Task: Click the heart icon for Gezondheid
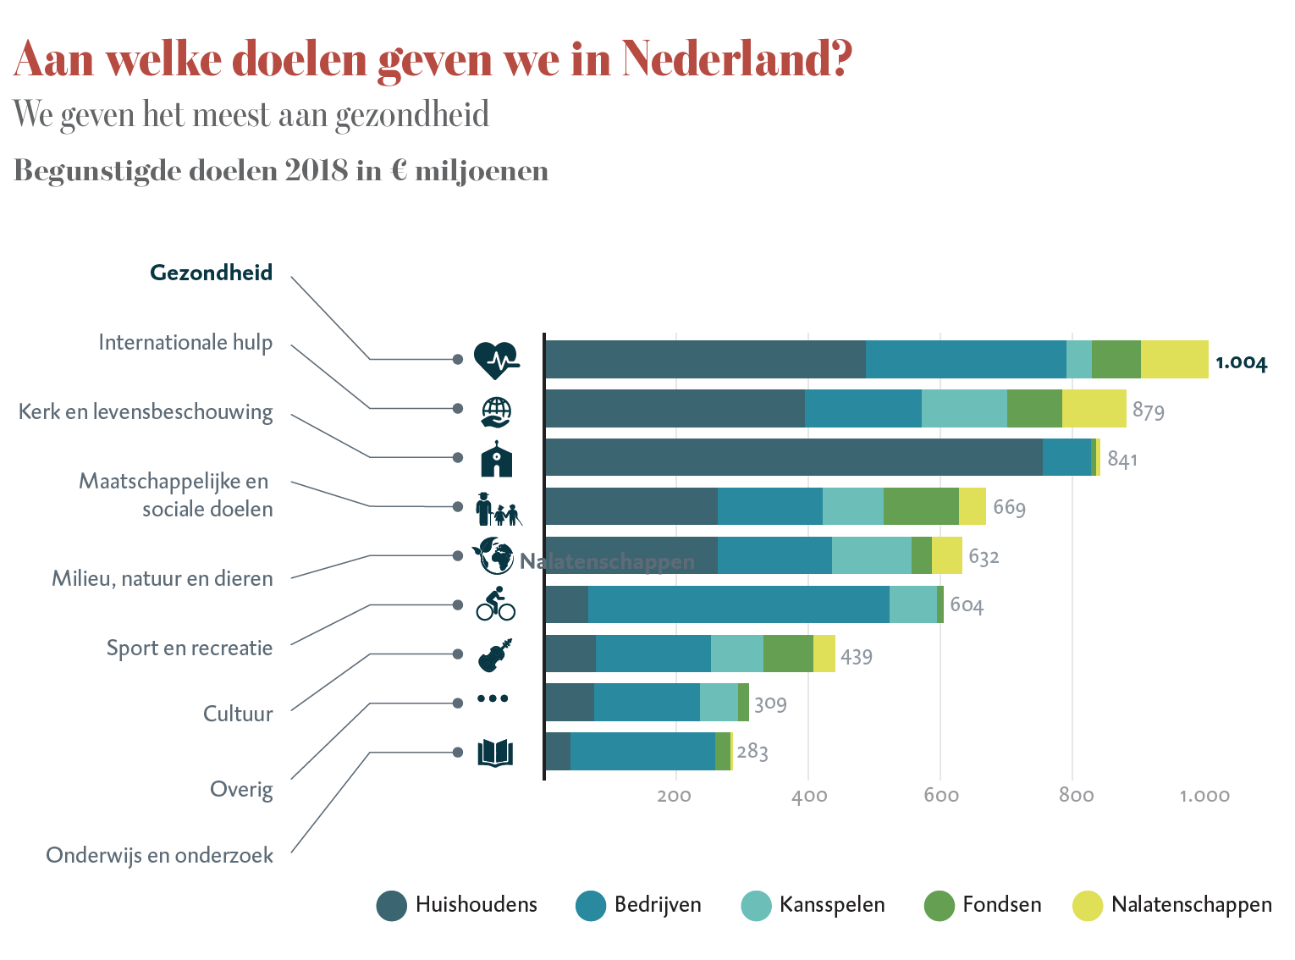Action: click(x=495, y=360)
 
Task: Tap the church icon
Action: click(x=497, y=459)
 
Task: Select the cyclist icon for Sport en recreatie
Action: click(x=495, y=604)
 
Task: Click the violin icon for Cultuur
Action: click(x=496, y=654)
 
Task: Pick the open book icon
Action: click(x=495, y=753)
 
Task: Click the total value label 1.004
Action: click(x=1241, y=363)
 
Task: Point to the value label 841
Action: click(x=1122, y=460)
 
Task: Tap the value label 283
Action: click(x=752, y=752)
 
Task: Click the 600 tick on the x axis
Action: click(x=940, y=796)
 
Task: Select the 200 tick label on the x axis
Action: click(x=674, y=796)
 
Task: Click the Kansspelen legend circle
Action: click(x=756, y=906)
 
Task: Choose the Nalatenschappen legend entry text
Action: click(x=1191, y=905)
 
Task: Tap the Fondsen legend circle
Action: click(x=939, y=906)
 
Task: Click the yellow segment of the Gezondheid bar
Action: click(x=1174, y=359)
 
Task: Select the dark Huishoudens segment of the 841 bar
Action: click(x=793, y=457)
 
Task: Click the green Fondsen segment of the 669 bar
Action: click(x=921, y=506)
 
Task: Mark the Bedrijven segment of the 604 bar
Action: click(x=738, y=604)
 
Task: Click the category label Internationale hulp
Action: click(x=185, y=343)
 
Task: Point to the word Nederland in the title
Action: click(x=736, y=59)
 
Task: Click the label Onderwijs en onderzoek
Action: click(x=159, y=855)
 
